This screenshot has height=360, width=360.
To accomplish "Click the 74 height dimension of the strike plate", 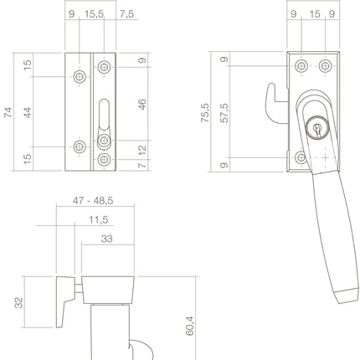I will point(9,114).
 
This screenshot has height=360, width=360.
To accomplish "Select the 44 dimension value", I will point(28,112).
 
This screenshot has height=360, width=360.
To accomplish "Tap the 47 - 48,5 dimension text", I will point(93,202).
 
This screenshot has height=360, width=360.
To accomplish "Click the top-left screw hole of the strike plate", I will point(78,77).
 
